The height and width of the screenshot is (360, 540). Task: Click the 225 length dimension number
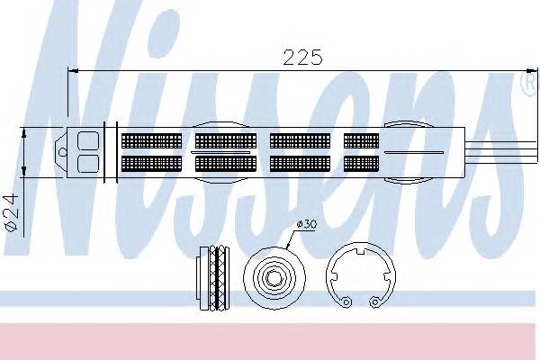click(302, 57)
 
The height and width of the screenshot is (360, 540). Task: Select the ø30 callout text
click(307, 224)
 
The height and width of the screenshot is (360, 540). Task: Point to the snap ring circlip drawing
click(328, 275)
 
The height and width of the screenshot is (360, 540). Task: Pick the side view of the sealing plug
click(212, 278)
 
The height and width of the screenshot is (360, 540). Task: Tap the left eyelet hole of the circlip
click(346, 301)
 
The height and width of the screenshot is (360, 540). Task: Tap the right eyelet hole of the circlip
click(374, 302)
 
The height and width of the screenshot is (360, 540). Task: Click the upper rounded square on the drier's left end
click(88, 141)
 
